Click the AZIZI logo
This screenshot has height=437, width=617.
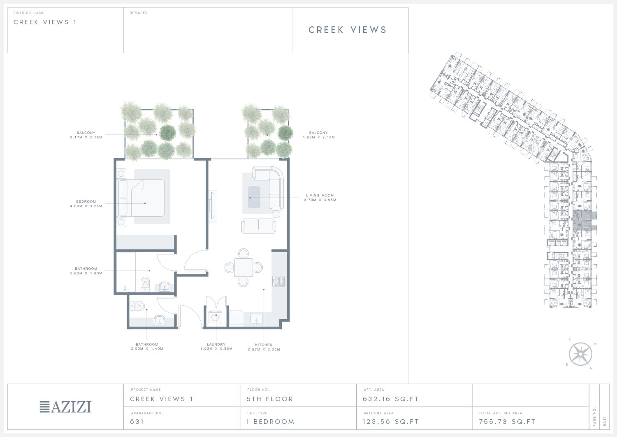pos(65,407)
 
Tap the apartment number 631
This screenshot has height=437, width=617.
pos(137,421)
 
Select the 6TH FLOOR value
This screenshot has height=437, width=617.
pos(270,399)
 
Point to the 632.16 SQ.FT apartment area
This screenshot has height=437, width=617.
pos(391,399)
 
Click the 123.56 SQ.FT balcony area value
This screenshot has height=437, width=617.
pos(391,421)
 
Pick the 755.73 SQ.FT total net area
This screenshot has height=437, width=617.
pos(507,421)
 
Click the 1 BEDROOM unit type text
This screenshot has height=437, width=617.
pos(270,421)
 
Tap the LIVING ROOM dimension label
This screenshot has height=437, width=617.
pos(320,198)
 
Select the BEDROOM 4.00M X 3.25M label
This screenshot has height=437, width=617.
pos(86,203)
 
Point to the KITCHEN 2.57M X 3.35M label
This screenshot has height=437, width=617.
pos(264,347)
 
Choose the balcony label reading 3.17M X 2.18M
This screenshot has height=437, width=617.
pos(86,135)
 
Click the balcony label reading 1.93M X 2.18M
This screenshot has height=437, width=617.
pos(319,135)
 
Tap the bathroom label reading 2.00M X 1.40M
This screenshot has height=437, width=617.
pos(147,346)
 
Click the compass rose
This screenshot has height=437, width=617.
pos(581,354)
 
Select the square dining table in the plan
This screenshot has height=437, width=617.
pos(244,267)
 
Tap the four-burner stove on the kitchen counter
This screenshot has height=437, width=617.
pos(278,281)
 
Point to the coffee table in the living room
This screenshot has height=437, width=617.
pos(254,197)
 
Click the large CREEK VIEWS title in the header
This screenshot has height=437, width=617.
pos(348,30)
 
